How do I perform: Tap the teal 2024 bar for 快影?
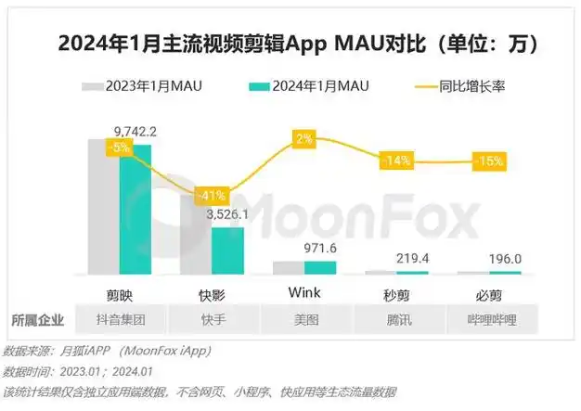pos(227,250)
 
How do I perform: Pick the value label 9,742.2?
pos(136,131)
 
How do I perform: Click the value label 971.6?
pos(321,250)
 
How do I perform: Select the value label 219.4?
pos(412,259)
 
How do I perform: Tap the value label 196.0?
pos(505,260)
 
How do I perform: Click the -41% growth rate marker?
pos(213,196)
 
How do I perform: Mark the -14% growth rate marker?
pos(396,161)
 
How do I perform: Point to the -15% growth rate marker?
pos(488,161)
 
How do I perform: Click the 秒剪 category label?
pos(396,293)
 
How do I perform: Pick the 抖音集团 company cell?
pos(122,320)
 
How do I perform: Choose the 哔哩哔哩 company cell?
pos(488,320)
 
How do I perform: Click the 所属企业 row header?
pos(38,320)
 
